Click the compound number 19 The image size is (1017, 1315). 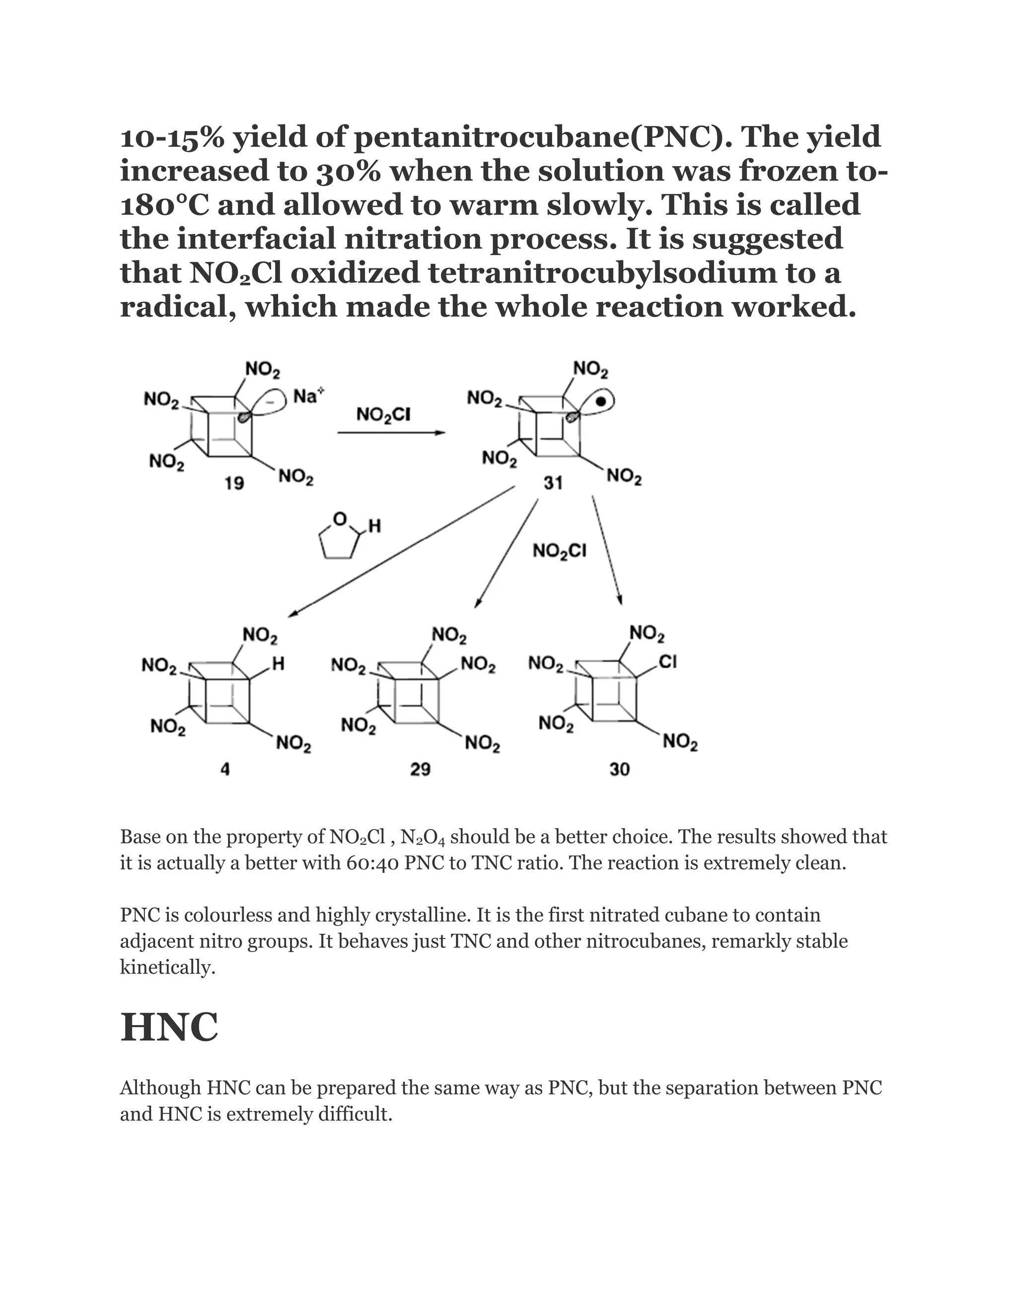[x=234, y=483]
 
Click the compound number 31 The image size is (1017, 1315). [x=553, y=483]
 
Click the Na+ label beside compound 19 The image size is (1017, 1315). [x=308, y=396]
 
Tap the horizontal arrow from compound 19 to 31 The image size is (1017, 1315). [x=391, y=433]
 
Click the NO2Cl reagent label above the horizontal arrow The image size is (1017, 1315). [x=383, y=414]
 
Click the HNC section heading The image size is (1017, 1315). [x=169, y=1027]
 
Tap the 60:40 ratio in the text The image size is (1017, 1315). [x=372, y=863]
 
